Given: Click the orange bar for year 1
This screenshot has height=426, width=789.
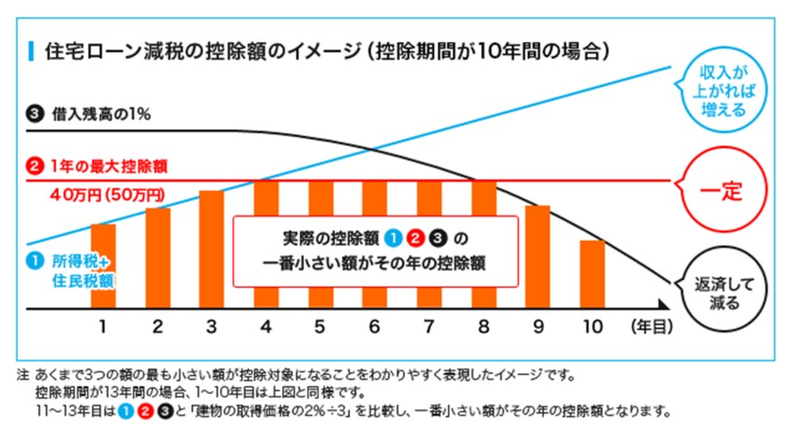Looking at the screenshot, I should tap(102, 265).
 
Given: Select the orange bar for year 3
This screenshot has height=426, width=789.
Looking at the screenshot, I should tap(211, 250).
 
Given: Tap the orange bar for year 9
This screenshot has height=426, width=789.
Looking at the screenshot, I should tap(538, 257).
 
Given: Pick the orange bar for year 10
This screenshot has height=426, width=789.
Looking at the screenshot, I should tap(592, 274).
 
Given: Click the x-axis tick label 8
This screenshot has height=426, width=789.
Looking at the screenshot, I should tap(483, 325).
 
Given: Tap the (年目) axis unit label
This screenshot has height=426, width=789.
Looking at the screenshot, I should tap(650, 325).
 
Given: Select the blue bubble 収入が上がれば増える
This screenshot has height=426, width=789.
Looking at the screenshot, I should tap(724, 91).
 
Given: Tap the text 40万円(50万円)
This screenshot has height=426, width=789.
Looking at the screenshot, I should tap(107, 193).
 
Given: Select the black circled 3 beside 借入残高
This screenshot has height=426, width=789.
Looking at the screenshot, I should tap(35, 114).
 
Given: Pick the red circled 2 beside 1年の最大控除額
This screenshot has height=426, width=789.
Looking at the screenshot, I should tap(35, 166).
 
